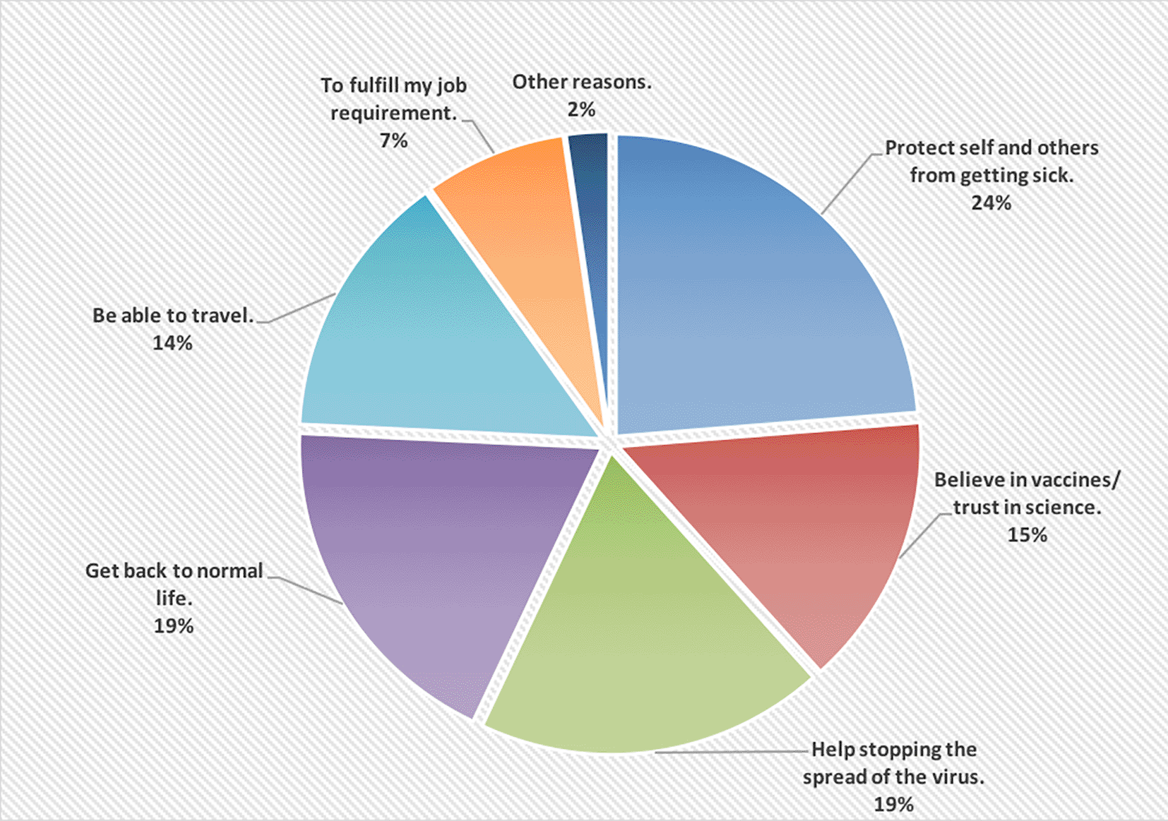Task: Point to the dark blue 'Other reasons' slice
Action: click(593, 212)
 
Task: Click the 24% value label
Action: click(991, 203)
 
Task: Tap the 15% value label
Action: click(1027, 535)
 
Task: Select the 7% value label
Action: click(393, 141)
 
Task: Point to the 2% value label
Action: click(581, 110)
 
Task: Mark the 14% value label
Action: click(172, 343)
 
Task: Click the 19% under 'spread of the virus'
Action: click(893, 804)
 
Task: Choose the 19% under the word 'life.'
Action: click(173, 626)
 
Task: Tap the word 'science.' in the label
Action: click(1063, 508)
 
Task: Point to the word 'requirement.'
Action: click(393, 114)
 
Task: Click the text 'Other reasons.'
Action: click(582, 83)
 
